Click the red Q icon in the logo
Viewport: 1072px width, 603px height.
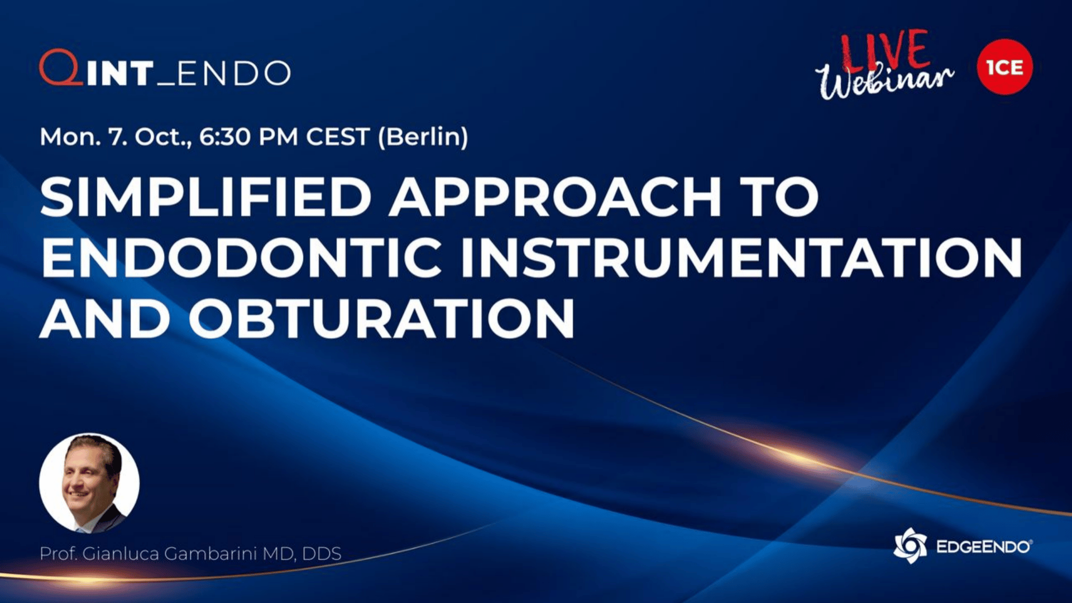pos(61,68)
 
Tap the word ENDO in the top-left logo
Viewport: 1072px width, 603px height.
pos(234,73)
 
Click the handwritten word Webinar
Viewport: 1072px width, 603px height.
pos(884,81)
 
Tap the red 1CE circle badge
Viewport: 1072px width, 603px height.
pos(1005,67)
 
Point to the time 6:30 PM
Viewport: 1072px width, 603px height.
pos(248,137)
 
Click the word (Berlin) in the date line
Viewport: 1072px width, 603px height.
pos(423,137)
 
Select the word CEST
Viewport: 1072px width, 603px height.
pos(338,137)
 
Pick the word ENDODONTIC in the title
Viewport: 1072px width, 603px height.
pos(241,258)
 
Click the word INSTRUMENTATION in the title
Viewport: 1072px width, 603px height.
pos(741,258)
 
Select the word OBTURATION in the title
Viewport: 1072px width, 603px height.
pos(381,318)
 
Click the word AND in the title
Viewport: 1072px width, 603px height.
pos(105,318)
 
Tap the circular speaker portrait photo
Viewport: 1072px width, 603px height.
pos(89,483)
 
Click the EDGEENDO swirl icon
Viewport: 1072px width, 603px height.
pos(910,545)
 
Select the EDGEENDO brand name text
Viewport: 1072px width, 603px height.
pos(984,547)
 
